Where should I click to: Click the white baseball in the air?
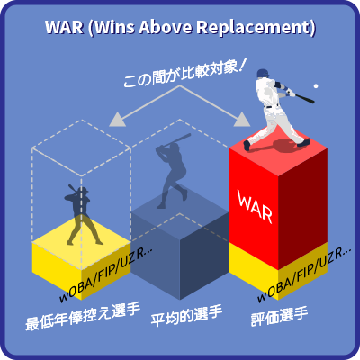[316, 86]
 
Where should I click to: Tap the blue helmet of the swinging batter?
[264, 73]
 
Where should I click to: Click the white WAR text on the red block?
[255, 206]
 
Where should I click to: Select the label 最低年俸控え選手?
[83, 318]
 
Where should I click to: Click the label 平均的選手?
[186, 316]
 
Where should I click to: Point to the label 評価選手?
[280, 317]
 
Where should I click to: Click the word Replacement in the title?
[253, 28]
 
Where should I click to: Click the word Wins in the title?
[113, 27]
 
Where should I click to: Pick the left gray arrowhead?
[118, 120]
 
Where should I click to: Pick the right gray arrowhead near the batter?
[242, 120]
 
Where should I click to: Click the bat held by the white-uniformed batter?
[303, 98]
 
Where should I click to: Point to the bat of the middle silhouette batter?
[177, 139]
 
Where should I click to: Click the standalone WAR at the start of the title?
[64, 27]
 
